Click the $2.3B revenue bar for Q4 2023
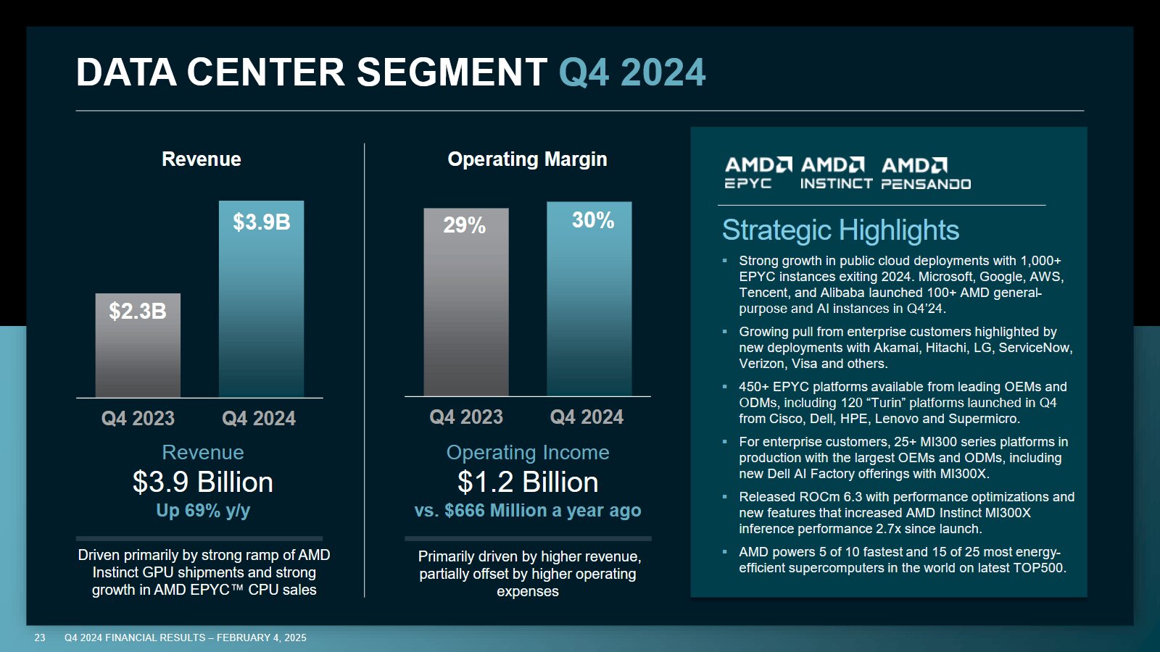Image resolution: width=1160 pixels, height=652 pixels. (138, 346)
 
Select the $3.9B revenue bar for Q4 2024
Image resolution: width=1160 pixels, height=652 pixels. (261, 298)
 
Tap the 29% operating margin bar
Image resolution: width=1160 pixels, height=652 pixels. (465, 302)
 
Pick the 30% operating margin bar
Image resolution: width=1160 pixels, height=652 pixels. (589, 298)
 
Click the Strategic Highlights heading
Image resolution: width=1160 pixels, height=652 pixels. (840, 230)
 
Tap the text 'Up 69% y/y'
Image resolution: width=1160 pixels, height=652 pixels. (203, 511)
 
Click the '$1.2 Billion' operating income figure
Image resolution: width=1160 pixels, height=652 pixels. (528, 482)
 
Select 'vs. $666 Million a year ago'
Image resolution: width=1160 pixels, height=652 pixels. (528, 511)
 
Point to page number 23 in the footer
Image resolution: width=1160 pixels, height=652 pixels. (40, 638)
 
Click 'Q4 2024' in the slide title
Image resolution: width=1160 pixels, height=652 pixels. (632, 72)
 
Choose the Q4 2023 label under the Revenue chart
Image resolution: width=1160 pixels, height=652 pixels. (138, 418)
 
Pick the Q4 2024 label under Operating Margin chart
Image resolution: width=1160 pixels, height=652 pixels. (587, 417)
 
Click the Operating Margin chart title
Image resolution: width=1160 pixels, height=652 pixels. (527, 159)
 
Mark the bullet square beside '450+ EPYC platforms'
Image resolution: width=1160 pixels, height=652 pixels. (724, 387)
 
